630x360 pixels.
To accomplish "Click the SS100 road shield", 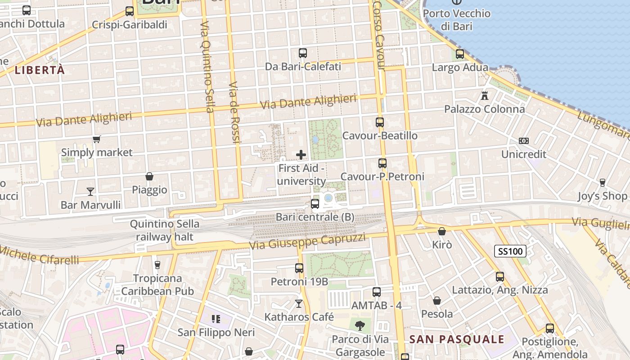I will (510, 251).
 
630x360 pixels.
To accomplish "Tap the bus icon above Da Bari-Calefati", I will (303, 53).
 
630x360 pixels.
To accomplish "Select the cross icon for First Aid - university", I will (301, 155).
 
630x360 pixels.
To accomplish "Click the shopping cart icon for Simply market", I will (96, 139).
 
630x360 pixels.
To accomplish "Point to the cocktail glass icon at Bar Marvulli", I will (90, 192).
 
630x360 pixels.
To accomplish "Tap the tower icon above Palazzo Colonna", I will (485, 95).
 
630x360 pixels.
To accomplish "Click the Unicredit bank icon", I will (523, 141).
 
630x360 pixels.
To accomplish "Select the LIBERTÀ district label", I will (40, 70).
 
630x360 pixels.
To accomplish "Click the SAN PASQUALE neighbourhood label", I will (456, 339).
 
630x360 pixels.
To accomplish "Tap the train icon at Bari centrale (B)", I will (315, 204).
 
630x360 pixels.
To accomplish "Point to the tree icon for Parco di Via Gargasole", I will (360, 325).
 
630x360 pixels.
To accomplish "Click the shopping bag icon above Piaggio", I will (149, 176).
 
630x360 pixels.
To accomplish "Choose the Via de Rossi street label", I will (235, 112).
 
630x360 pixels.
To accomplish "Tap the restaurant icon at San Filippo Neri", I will (216, 319).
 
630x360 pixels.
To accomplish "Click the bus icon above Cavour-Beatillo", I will (380, 122).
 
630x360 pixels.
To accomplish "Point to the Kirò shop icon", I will (442, 231).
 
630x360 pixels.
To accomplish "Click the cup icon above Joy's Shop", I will (603, 182).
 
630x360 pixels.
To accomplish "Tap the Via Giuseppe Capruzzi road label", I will (308, 242).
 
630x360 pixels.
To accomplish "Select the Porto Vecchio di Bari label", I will (456, 19).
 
